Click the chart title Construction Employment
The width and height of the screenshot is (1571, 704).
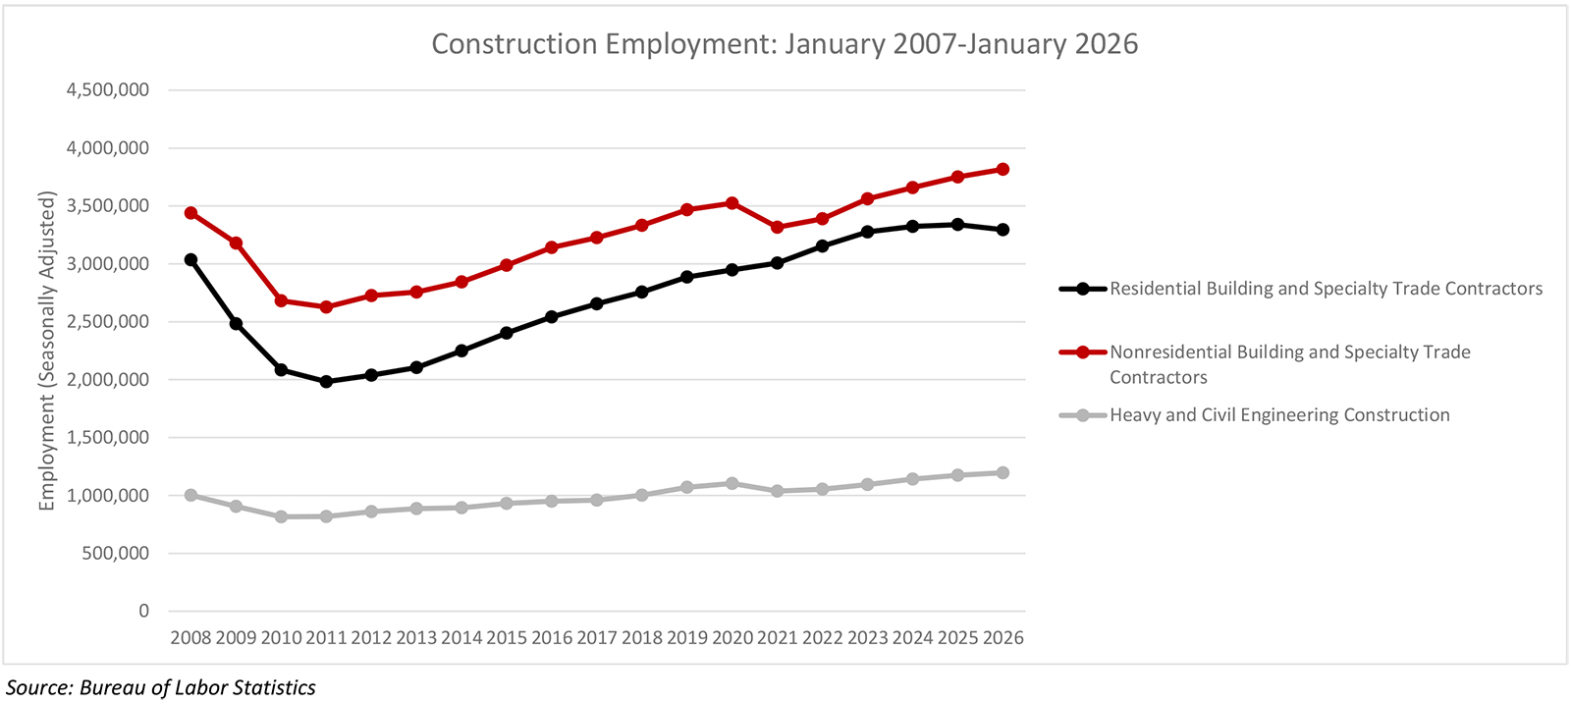point(785,44)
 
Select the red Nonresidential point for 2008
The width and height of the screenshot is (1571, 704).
point(190,213)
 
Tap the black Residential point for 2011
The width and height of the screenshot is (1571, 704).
point(326,382)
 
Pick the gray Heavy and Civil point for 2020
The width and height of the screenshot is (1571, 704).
point(732,483)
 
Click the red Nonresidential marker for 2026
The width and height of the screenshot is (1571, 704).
point(1002,169)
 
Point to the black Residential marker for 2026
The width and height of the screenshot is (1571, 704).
point(1002,230)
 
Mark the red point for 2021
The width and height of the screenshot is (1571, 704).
point(778,227)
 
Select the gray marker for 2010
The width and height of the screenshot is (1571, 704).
point(281,516)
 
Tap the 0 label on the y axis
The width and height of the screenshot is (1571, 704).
point(144,611)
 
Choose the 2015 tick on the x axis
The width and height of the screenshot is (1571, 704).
point(507,638)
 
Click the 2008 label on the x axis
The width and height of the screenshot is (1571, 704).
point(190,638)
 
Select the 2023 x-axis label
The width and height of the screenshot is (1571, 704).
point(867,638)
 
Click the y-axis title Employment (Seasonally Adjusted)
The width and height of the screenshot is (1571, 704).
point(47,351)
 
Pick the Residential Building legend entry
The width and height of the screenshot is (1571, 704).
point(1326,289)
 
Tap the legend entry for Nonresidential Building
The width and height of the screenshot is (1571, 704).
point(1289,352)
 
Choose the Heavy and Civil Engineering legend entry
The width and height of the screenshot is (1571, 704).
point(1279,415)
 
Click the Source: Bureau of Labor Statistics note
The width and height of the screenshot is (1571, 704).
point(161,687)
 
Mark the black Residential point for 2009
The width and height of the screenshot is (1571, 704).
point(236,323)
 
